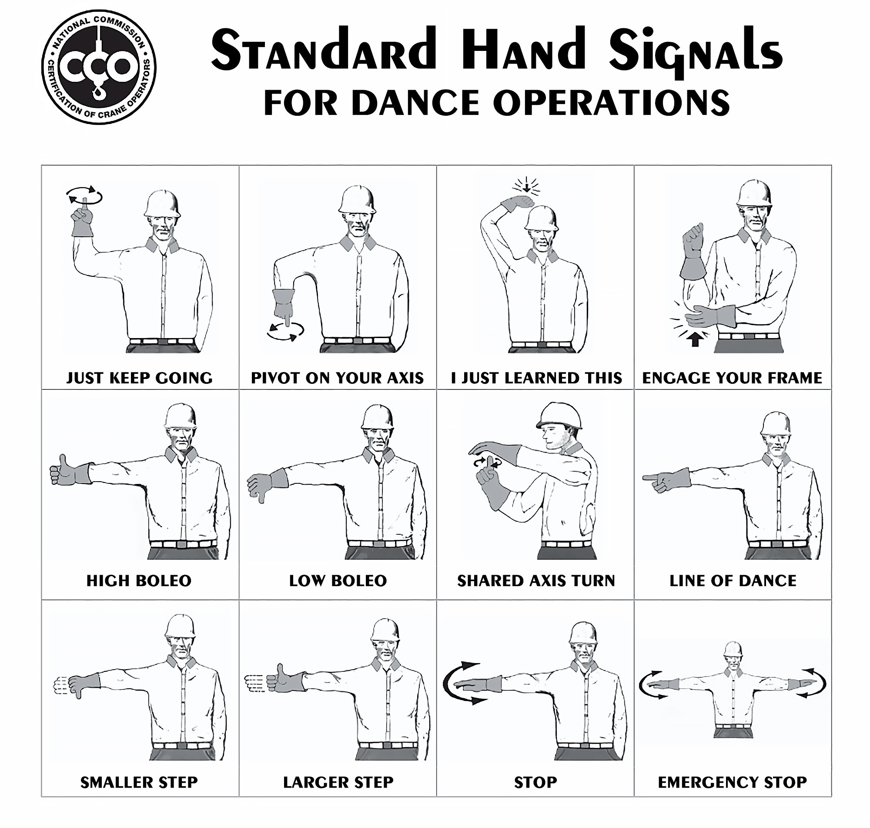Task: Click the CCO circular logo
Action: click(x=99, y=67)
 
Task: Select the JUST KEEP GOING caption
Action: click(x=139, y=378)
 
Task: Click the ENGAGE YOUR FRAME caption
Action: click(x=733, y=378)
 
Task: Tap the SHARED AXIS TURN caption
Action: click(x=536, y=581)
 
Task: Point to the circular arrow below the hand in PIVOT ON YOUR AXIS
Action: click(x=285, y=332)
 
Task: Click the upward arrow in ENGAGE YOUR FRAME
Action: click(x=695, y=339)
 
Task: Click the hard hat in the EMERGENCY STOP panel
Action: click(x=733, y=649)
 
